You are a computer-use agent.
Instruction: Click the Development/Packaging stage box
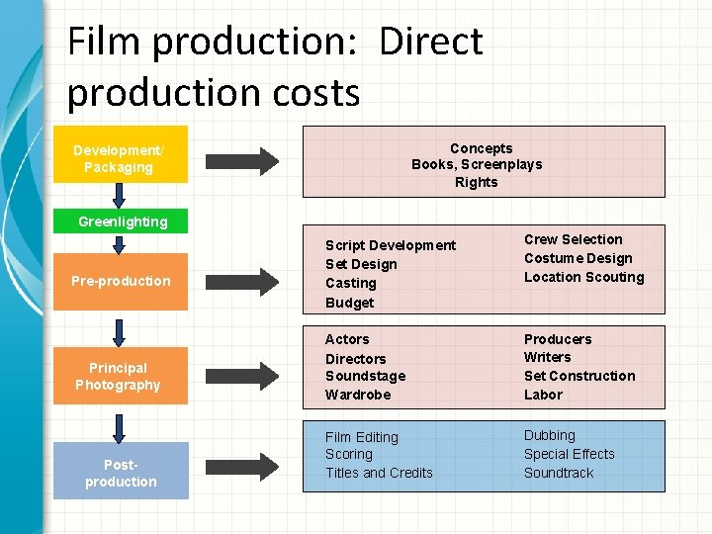tap(120, 158)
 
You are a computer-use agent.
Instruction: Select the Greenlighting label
tap(123, 222)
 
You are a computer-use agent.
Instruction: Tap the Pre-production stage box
tap(121, 281)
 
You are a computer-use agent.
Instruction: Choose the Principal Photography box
tap(119, 376)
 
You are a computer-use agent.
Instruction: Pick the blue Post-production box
tap(121, 473)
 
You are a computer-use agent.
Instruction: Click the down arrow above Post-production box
tap(120, 426)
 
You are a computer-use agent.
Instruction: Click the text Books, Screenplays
tap(477, 165)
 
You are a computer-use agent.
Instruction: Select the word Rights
tap(477, 182)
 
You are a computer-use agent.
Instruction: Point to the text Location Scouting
tap(583, 277)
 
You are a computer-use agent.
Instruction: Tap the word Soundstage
tap(365, 376)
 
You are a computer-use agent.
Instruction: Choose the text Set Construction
tap(579, 376)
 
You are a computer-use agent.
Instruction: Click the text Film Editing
tap(362, 437)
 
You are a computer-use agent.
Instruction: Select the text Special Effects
tap(569, 454)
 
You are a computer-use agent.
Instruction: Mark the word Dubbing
tap(550, 435)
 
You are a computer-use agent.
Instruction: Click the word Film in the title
tap(105, 42)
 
